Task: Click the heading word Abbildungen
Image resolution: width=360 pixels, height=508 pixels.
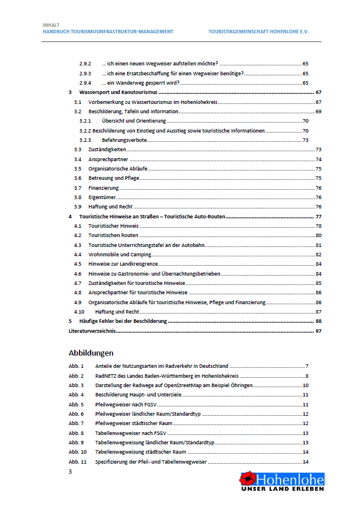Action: point(90,353)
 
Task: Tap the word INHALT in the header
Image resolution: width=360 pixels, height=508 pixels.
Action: point(51,25)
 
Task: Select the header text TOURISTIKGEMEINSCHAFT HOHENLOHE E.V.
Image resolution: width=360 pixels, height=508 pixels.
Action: point(258,32)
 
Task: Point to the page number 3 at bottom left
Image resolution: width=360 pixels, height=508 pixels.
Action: point(71,471)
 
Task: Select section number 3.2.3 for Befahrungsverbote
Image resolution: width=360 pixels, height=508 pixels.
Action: point(86,140)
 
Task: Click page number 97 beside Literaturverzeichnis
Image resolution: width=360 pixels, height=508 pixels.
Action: point(319,330)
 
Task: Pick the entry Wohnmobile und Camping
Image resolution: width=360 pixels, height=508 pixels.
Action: point(120,254)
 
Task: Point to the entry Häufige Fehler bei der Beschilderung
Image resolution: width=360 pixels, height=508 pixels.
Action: point(123,321)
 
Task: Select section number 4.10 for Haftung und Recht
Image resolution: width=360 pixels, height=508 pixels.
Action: point(80,311)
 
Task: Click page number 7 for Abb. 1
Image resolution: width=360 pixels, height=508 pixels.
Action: point(306,366)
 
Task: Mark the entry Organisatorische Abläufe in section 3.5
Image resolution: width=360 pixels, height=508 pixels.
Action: point(117,169)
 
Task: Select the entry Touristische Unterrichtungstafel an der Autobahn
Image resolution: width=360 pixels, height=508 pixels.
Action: point(146,245)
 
